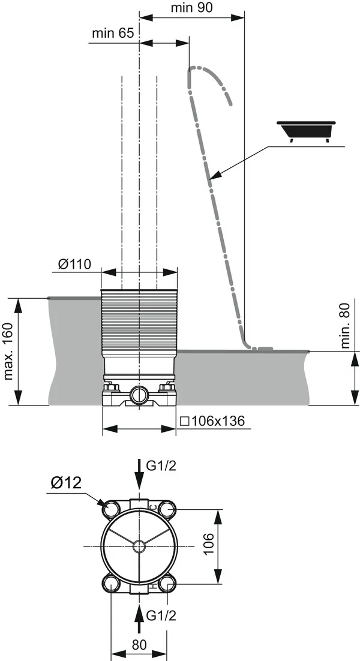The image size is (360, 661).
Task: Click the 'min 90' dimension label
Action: pyautogui.click(x=192, y=8)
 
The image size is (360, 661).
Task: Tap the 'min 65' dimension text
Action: pyautogui.click(x=113, y=33)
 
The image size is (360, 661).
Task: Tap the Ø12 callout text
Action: pyautogui.click(x=67, y=483)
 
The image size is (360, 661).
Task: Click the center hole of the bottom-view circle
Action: pyautogui.click(x=139, y=546)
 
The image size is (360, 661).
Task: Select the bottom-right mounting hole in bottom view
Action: pyautogui.click(x=167, y=582)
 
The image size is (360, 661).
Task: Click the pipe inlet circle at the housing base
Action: pyautogui.click(x=139, y=395)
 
